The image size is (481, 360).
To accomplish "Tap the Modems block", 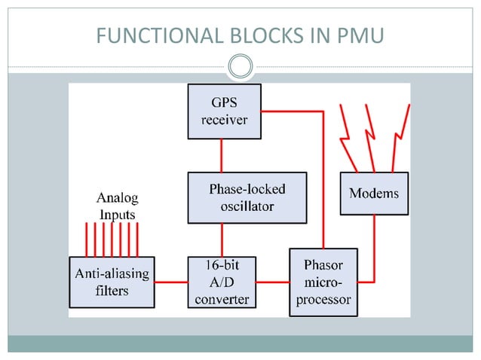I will click(374, 194).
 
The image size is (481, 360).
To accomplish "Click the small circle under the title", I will click(240, 67).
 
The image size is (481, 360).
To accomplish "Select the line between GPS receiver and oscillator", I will click(221, 155).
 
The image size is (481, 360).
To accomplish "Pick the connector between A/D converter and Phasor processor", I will click(272, 282).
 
